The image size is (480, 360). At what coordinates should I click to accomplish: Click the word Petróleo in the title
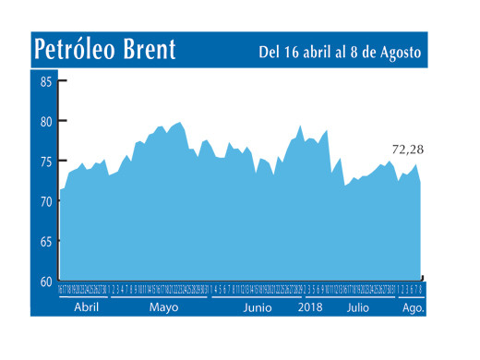click(x=80, y=50)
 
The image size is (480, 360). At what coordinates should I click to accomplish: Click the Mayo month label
click(x=163, y=308)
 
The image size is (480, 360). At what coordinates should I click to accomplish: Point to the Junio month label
click(x=258, y=308)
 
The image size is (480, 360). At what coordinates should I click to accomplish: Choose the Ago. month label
click(x=413, y=308)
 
